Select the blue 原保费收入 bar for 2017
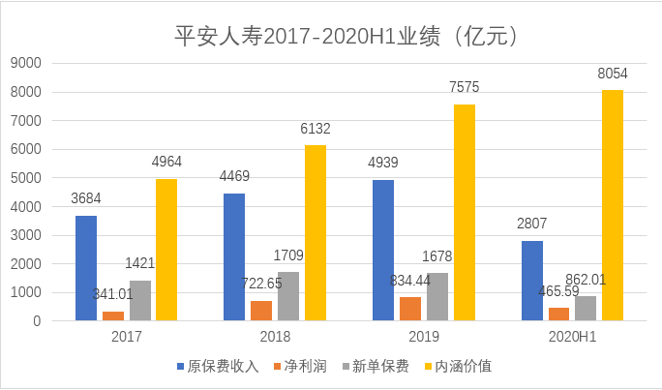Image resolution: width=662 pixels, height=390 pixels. pyautogui.click(x=86, y=268)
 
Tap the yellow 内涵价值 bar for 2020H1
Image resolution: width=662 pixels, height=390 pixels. pyautogui.click(x=613, y=205)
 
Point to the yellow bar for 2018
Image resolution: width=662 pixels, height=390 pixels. pyautogui.click(x=316, y=232)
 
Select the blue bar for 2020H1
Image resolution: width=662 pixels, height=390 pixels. pyautogui.click(x=531, y=281)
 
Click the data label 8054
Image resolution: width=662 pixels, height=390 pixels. pyautogui.click(x=614, y=73)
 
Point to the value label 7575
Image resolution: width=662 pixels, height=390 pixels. pyautogui.click(x=465, y=87)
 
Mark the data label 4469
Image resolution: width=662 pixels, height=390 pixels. pyautogui.click(x=233, y=177)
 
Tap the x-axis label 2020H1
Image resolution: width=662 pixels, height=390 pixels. pyautogui.click(x=572, y=337)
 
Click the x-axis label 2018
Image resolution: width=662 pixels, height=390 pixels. pyautogui.click(x=275, y=337)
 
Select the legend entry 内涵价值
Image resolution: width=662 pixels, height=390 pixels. pyautogui.click(x=461, y=367)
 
